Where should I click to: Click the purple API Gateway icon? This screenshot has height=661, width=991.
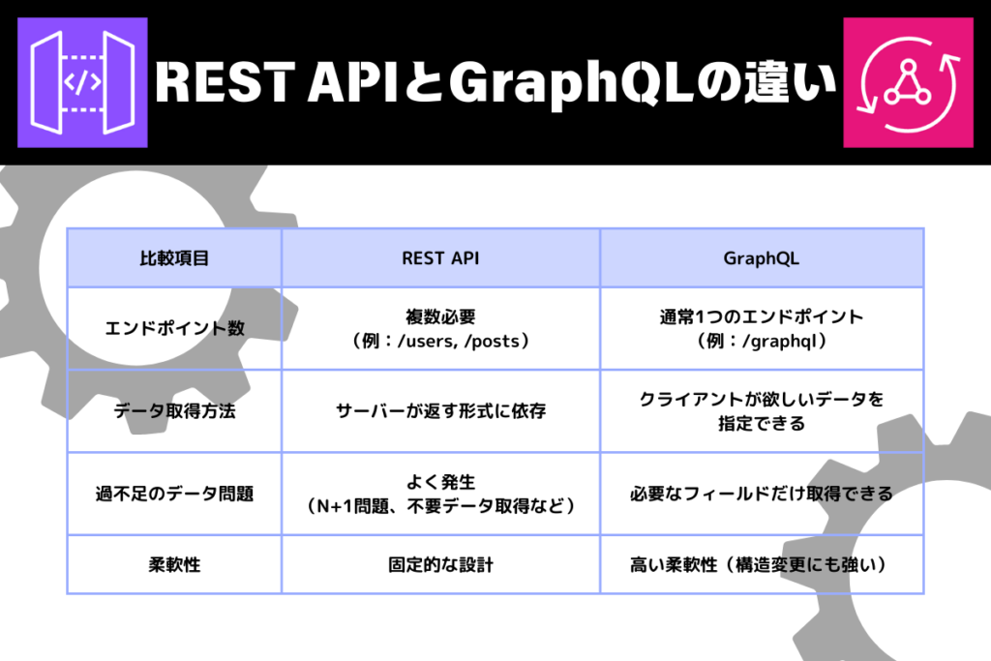[82, 83]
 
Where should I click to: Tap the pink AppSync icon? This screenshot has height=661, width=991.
[908, 83]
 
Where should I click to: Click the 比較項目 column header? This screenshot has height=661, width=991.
[174, 258]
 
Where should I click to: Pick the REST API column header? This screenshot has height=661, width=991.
[440, 258]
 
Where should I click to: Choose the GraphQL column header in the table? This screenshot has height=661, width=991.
[761, 258]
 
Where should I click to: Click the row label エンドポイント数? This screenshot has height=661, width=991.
[174, 329]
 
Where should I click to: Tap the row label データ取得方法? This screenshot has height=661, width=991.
[174, 411]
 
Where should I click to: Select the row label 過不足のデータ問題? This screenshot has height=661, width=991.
[174, 494]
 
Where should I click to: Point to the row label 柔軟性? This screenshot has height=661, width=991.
[174, 564]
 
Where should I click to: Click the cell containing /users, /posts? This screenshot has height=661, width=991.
[440, 329]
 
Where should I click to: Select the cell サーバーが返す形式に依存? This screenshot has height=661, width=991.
[440, 411]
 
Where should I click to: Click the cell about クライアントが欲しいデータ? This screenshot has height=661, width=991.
[761, 411]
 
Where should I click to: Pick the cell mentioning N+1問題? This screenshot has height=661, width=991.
[440, 494]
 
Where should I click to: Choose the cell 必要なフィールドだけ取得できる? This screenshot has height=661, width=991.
[761, 494]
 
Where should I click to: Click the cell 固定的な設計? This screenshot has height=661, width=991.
[440, 564]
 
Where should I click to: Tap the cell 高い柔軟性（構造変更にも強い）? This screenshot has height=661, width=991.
[761, 564]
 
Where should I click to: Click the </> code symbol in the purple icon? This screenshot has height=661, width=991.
[82, 83]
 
